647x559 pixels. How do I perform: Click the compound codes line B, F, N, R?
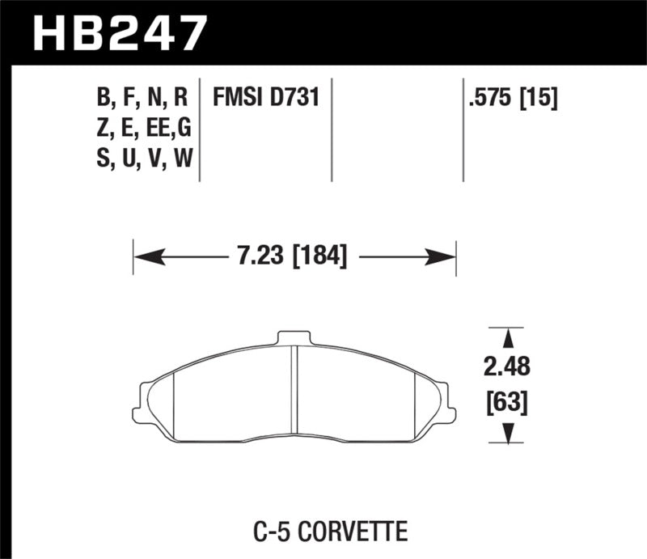pos(142,99)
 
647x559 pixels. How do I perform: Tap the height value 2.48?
pos(507,367)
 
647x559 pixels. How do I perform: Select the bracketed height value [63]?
pos(507,400)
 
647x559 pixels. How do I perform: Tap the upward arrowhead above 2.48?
pos(507,337)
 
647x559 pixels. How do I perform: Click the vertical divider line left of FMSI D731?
pos(200,129)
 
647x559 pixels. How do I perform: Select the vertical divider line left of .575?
pos(463,129)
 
